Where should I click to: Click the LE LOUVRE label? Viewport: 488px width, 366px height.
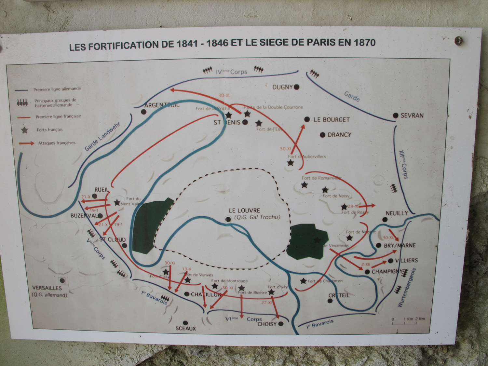[x=244, y=210]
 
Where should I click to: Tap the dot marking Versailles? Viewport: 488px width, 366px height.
[x=62, y=280]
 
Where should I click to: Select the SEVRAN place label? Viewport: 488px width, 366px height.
[x=412, y=115]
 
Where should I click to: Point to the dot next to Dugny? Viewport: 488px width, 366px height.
[x=296, y=87]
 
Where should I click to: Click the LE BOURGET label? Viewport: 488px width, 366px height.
[x=332, y=120]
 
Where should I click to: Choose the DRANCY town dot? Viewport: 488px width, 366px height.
[x=322, y=135]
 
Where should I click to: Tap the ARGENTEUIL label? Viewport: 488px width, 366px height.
[x=162, y=105]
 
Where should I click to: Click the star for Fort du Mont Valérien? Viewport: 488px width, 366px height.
[x=117, y=202]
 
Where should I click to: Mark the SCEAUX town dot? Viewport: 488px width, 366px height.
[x=185, y=323]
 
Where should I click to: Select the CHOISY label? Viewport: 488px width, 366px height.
[x=267, y=324]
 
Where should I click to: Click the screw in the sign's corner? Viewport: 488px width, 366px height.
[x=459, y=41]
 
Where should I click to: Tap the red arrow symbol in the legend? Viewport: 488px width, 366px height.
[x=26, y=143]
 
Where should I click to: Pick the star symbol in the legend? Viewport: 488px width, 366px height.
[x=24, y=130]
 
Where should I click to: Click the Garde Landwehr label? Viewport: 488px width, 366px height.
[x=102, y=137]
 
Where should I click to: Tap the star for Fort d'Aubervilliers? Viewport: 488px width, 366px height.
[x=291, y=163]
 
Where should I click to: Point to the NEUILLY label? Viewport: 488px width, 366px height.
[x=397, y=213]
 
